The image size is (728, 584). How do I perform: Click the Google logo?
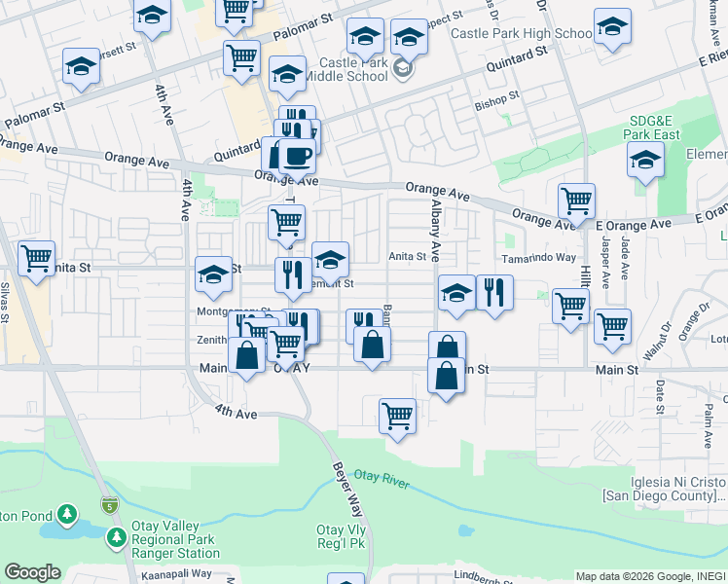(x=32, y=572)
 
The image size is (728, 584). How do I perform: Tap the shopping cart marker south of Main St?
(x=398, y=417)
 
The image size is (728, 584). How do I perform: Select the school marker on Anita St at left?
(x=213, y=275)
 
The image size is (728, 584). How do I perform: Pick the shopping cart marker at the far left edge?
(x=36, y=259)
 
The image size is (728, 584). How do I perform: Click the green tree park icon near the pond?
(x=67, y=512)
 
